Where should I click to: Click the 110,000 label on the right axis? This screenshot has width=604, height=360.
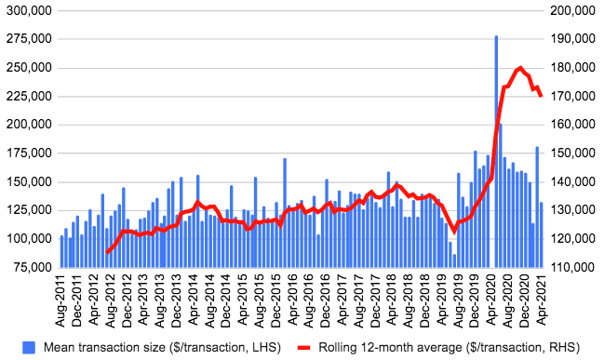571,267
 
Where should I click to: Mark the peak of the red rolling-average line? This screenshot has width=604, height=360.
520,68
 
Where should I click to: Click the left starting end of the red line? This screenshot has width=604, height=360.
107,252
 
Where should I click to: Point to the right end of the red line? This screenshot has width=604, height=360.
542,96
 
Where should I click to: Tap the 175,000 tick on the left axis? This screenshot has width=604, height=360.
27,153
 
